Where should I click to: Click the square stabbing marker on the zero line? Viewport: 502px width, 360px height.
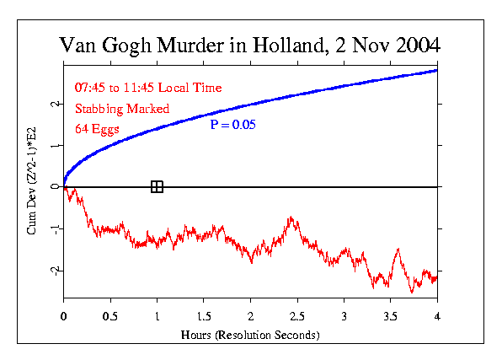click(x=157, y=186)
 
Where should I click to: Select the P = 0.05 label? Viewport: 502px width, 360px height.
click(x=232, y=124)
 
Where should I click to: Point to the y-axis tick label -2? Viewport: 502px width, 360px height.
click(x=54, y=270)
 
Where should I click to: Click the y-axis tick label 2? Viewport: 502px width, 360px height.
click(x=54, y=104)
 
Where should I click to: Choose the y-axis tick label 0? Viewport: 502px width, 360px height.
click(x=54, y=187)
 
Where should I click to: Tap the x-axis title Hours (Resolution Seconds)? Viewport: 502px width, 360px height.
click(x=249, y=334)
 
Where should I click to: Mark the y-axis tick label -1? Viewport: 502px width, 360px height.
click(x=54, y=228)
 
